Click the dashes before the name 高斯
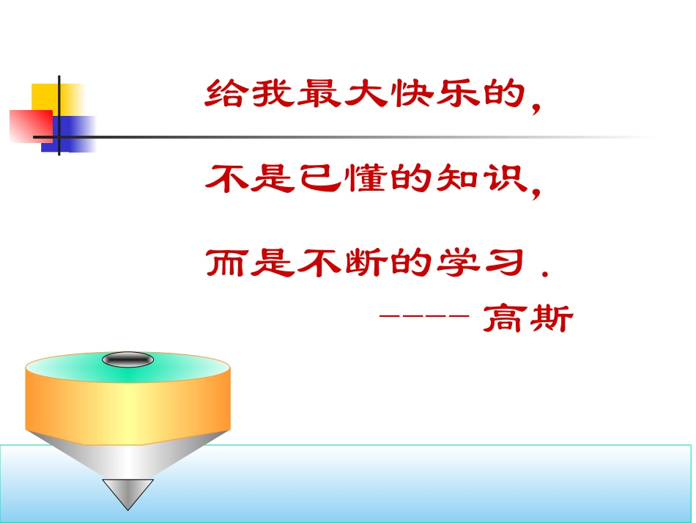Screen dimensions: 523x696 [x=424, y=317]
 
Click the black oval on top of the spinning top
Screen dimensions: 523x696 [x=127, y=359]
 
